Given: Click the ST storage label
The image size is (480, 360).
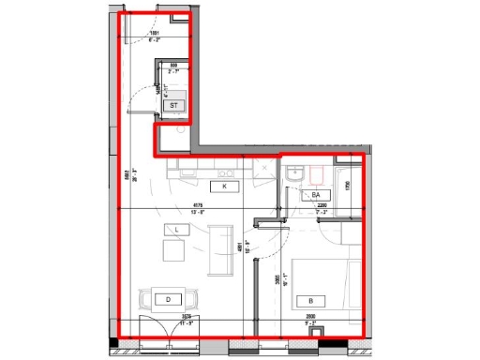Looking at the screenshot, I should click(x=172, y=106).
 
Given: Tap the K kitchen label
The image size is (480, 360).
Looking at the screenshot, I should click(x=225, y=187).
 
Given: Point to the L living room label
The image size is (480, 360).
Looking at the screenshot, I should click(x=174, y=229).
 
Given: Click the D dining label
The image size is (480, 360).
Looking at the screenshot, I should click(x=169, y=299).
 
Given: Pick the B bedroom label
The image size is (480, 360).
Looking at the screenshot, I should click(x=311, y=300).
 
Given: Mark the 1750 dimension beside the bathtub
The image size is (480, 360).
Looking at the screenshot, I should click(x=346, y=185).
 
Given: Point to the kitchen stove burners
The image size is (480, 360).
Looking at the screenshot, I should click(x=225, y=172).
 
